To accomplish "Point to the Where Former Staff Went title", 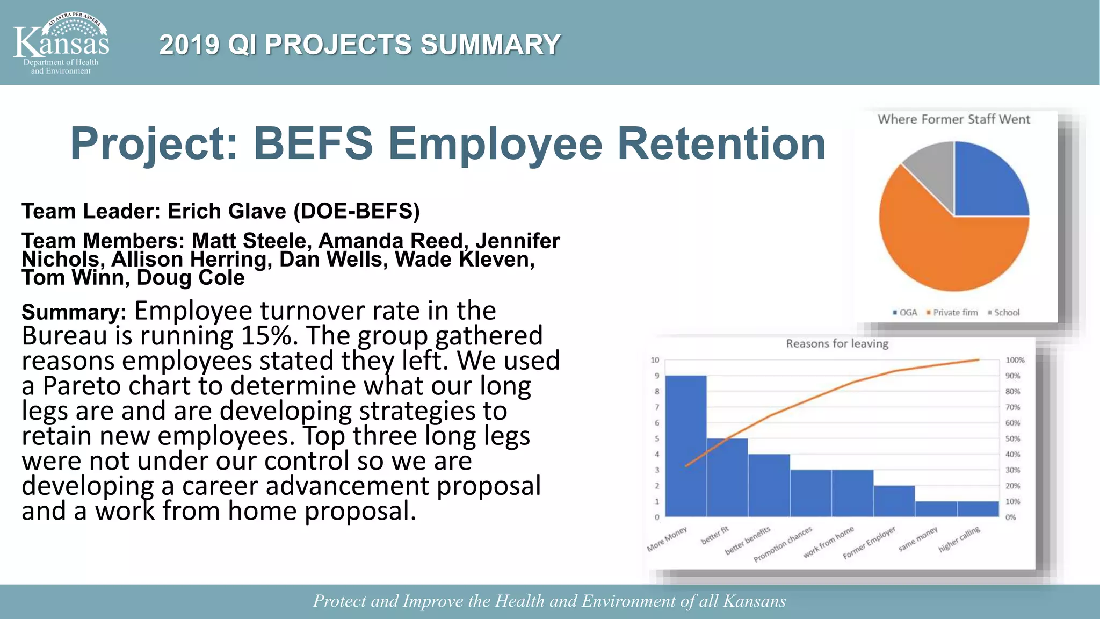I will tap(954, 119).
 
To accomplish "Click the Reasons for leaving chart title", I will tap(837, 344).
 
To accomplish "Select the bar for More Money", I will tap(686, 446).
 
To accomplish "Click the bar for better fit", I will tap(727, 478).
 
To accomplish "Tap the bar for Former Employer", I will tap(894, 501).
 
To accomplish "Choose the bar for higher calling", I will tap(978, 509).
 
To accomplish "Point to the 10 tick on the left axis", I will tap(655, 360).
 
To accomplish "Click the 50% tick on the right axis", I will tap(1012, 438).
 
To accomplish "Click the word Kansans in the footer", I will tap(754, 601).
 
